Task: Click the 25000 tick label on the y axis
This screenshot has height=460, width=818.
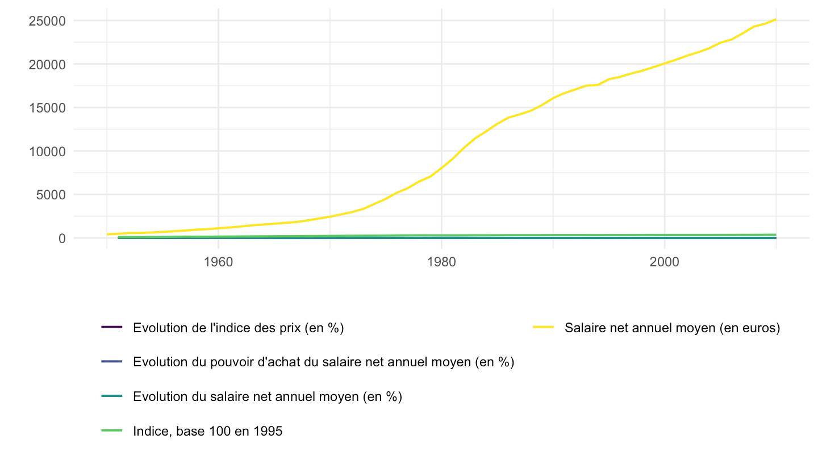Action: tap(47, 21)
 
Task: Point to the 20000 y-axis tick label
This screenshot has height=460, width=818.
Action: tap(47, 65)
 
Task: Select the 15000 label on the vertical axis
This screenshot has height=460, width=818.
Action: tap(47, 108)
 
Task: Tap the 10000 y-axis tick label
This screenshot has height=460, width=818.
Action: tap(47, 152)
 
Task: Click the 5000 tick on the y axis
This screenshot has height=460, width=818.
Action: tap(51, 195)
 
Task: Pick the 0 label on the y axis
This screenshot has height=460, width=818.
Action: tap(62, 239)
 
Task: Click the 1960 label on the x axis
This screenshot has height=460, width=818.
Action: tap(218, 262)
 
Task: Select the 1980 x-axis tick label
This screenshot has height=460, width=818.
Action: tap(441, 262)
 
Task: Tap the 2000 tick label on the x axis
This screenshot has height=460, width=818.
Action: tap(664, 262)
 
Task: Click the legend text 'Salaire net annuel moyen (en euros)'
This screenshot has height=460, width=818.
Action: tap(673, 328)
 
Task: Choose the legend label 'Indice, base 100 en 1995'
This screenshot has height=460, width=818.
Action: tap(207, 431)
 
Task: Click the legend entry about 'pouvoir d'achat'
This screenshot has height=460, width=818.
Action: tap(324, 362)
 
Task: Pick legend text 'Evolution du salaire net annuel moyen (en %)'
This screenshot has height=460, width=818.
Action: tap(268, 396)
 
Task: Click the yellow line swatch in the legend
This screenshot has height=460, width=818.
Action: tap(544, 327)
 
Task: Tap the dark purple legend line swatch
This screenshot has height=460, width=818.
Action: tap(112, 327)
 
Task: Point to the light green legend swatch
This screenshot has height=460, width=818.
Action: tap(112, 431)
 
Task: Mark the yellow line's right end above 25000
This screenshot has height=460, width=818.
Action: tap(775, 19)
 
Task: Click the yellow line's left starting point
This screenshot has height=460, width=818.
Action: tap(107, 235)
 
